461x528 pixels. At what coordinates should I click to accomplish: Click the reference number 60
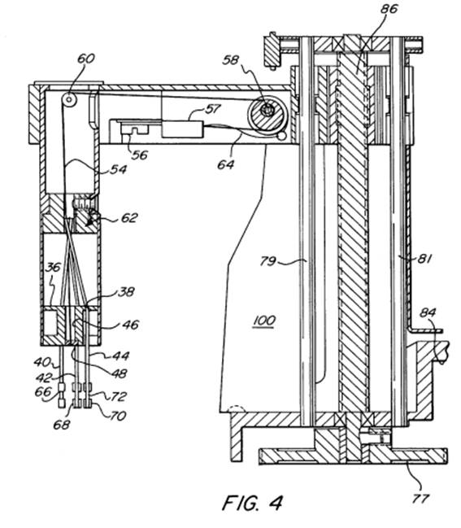click(86, 59)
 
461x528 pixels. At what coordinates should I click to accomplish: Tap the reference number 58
click(231, 60)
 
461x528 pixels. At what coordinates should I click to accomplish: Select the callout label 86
click(389, 9)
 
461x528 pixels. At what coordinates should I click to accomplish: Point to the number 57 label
click(212, 109)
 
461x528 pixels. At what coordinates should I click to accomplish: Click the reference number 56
click(140, 155)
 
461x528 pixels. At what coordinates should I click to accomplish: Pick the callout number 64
click(226, 164)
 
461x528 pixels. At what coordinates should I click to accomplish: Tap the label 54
click(118, 169)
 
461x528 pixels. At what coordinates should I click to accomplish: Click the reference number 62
click(129, 217)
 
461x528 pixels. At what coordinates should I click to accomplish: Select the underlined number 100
click(264, 321)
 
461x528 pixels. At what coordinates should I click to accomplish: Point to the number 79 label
click(268, 261)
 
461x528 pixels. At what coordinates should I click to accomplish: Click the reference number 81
click(424, 259)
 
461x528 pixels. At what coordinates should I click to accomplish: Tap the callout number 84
click(428, 313)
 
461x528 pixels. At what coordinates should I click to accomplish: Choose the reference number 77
click(421, 498)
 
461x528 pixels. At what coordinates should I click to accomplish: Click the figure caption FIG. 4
click(252, 503)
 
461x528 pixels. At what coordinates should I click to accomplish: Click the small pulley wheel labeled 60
click(69, 99)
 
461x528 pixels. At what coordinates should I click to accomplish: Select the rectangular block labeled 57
click(182, 129)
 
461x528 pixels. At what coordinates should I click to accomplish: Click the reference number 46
click(130, 325)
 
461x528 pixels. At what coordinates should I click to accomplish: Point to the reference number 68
click(62, 425)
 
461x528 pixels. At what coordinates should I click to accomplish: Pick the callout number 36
click(53, 268)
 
